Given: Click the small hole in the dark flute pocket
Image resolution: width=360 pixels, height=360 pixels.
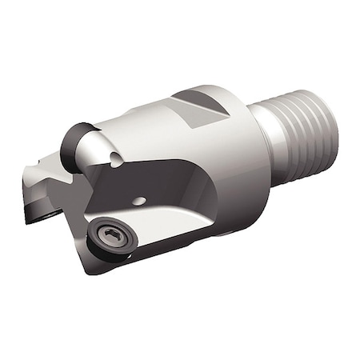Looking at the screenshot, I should (x=139, y=201).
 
